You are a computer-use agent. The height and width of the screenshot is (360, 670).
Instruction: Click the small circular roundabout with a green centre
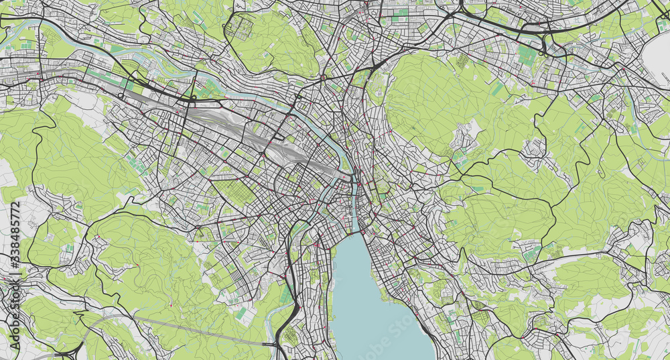point(324,78)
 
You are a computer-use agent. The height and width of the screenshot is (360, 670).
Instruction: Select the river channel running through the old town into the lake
point(353,208)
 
